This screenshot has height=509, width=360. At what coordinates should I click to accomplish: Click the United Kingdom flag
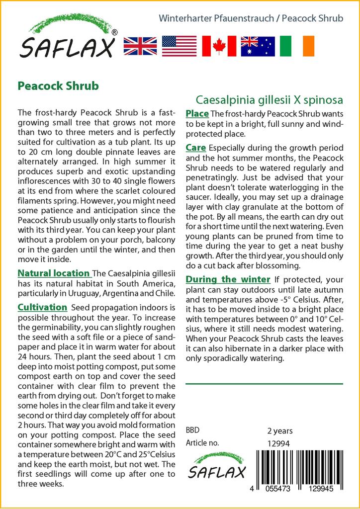140,46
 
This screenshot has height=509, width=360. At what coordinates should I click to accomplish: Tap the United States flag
179,46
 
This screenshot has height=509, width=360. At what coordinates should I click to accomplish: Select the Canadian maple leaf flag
219,46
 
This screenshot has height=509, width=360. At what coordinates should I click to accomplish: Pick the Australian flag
258,46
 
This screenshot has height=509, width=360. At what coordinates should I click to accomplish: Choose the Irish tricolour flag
297,46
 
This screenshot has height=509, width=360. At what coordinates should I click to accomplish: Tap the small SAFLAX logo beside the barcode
216,467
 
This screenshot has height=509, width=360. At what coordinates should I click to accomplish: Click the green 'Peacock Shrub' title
58,85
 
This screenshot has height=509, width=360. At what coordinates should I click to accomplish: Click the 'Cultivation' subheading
42,307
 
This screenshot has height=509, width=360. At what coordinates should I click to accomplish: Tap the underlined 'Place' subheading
197,114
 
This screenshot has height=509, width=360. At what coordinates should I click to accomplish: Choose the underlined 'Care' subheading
196,148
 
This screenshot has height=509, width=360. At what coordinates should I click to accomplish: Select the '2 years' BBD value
280,431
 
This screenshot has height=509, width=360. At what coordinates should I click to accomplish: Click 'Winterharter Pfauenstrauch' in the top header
216,18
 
